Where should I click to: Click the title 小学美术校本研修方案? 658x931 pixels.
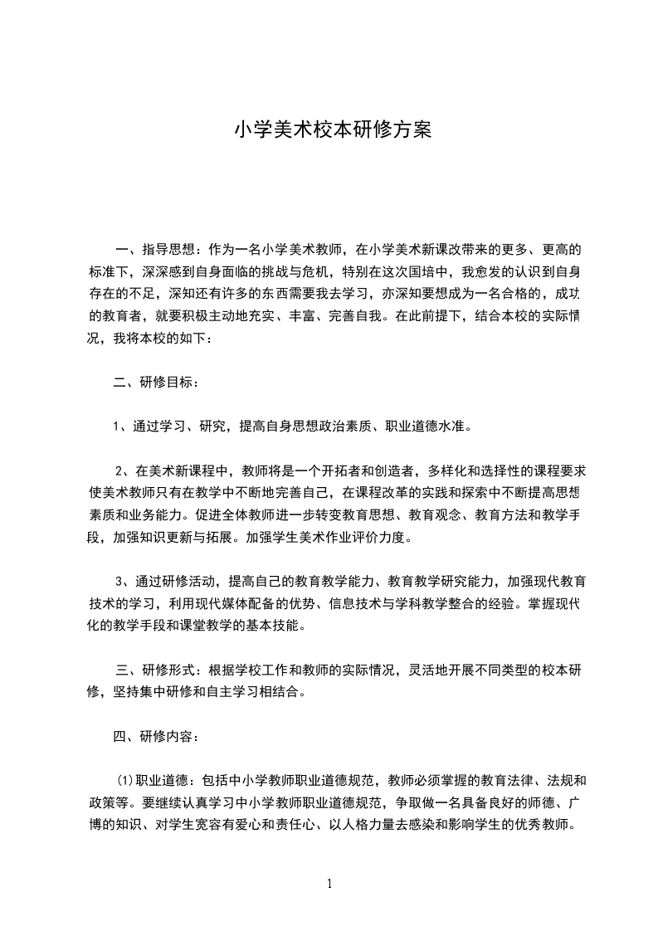[333, 131]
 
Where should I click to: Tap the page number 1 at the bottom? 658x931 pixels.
[329, 884]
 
